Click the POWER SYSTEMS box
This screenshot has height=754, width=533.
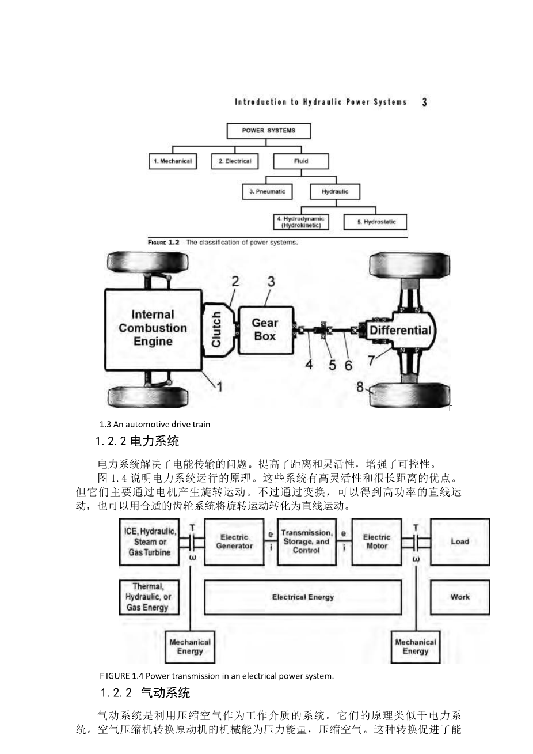coord(268,131)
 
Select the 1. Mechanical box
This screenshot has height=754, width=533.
coord(172,161)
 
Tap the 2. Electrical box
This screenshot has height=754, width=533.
coord(235,161)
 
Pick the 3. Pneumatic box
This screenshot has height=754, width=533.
coord(267,191)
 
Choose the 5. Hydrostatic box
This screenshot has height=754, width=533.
coord(375,222)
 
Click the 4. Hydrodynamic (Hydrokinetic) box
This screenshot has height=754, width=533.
coord(300,222)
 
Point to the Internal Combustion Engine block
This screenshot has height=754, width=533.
coord(153,328)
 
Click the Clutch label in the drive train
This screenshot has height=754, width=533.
coord(216,329)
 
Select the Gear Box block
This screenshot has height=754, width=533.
coord(265,329)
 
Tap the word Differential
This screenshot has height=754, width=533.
coord(400,330)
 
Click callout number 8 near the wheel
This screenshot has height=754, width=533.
coord(360,387)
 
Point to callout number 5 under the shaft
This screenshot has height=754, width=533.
coord(332,365)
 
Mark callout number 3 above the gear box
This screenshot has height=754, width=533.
coord(271,282)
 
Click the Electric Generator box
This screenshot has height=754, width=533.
coord(234,541)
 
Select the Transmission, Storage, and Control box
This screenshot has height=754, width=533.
coord(306,541)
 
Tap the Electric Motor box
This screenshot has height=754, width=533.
coord(376,541)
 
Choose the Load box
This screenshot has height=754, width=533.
coord(460,541)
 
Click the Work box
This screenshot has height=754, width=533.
coord(460,597)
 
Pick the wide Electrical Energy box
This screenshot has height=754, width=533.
coord(303,597)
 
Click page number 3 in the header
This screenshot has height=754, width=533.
coord(424,103)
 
